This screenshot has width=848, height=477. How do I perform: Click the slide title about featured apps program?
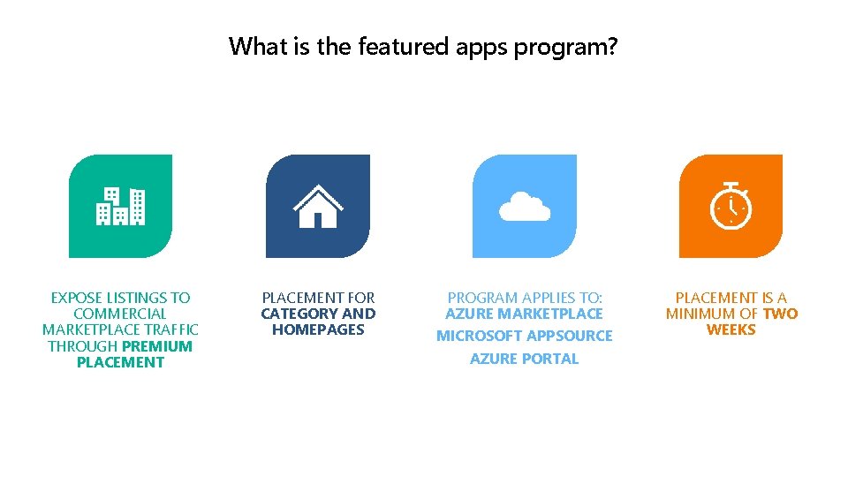(423, 46)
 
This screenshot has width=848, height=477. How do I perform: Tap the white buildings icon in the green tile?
(120, 206)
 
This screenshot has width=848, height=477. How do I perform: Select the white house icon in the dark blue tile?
(318, 206)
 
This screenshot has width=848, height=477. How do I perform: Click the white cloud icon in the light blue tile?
(525, 208)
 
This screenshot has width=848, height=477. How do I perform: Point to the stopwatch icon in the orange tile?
(731, 207)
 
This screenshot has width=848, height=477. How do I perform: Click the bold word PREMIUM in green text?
(157, 346)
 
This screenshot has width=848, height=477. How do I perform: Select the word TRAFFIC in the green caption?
(171, 329)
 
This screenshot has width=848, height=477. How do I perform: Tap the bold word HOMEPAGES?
(318, 329)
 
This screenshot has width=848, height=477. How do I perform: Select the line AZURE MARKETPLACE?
(525, 314)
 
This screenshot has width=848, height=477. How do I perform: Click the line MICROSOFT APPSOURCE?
(525, 336)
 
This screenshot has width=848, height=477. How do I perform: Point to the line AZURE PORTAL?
(525, 359)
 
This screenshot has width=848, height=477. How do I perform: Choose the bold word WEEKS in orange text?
(731, 329)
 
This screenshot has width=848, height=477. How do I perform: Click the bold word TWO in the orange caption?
(780, 314)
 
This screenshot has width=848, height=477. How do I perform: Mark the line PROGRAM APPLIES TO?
(525, 298)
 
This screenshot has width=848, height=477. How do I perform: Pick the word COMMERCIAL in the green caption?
(120, 314)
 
